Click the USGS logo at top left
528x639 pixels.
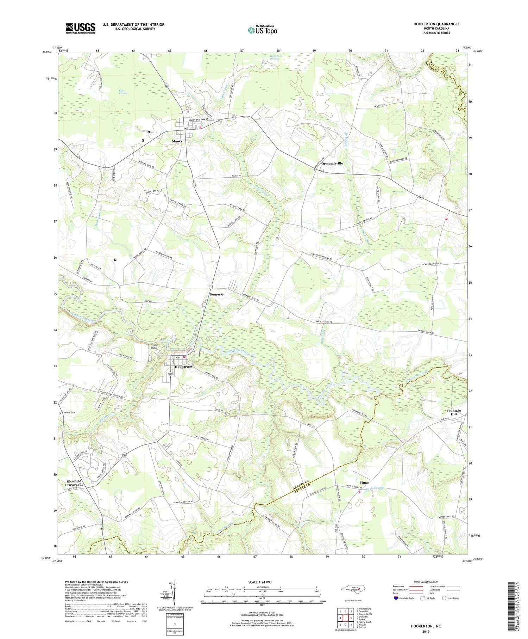80,28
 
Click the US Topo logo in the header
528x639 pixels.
262,30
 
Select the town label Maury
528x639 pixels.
177,141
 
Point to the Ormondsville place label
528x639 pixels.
332,164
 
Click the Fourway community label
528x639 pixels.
217,294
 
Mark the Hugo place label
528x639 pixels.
364,483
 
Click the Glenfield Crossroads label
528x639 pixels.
75,483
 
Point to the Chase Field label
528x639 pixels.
154,347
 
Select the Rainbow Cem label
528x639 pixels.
69,412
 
